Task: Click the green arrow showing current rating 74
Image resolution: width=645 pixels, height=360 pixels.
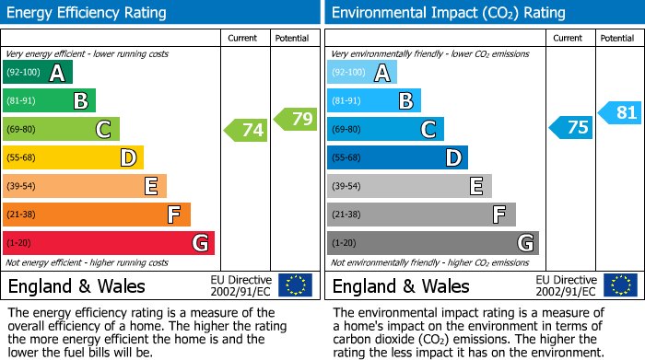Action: click(246, 130)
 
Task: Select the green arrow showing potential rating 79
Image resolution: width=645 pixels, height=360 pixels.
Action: click(296, 119)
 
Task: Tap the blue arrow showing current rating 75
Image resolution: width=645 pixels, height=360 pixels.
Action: click(570, 128)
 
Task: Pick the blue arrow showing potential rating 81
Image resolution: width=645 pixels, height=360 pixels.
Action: click(620, 113)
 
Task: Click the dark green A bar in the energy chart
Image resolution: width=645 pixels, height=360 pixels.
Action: click(38, 73)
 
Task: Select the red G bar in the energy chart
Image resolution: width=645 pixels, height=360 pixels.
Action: click(109, 243)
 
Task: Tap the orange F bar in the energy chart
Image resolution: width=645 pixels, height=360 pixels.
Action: click(97, 215)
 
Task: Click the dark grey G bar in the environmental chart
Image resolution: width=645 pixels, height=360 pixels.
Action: click(432, 243)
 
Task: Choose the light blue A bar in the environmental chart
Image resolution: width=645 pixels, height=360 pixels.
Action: click(362, 73)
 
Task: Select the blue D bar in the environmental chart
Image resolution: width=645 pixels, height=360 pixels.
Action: click(397, 158)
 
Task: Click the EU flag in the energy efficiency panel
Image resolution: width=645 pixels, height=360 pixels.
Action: click(295, 285)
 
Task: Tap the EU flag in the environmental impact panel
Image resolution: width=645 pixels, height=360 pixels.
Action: click(621, 285)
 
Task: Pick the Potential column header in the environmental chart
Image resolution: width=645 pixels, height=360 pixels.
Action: click(617, 38)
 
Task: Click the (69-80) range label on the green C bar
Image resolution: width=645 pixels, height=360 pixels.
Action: click(23, 130)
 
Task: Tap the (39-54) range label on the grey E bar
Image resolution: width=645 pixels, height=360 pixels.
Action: click(347, 187)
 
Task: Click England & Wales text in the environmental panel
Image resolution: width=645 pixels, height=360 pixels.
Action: click(401, 285)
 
